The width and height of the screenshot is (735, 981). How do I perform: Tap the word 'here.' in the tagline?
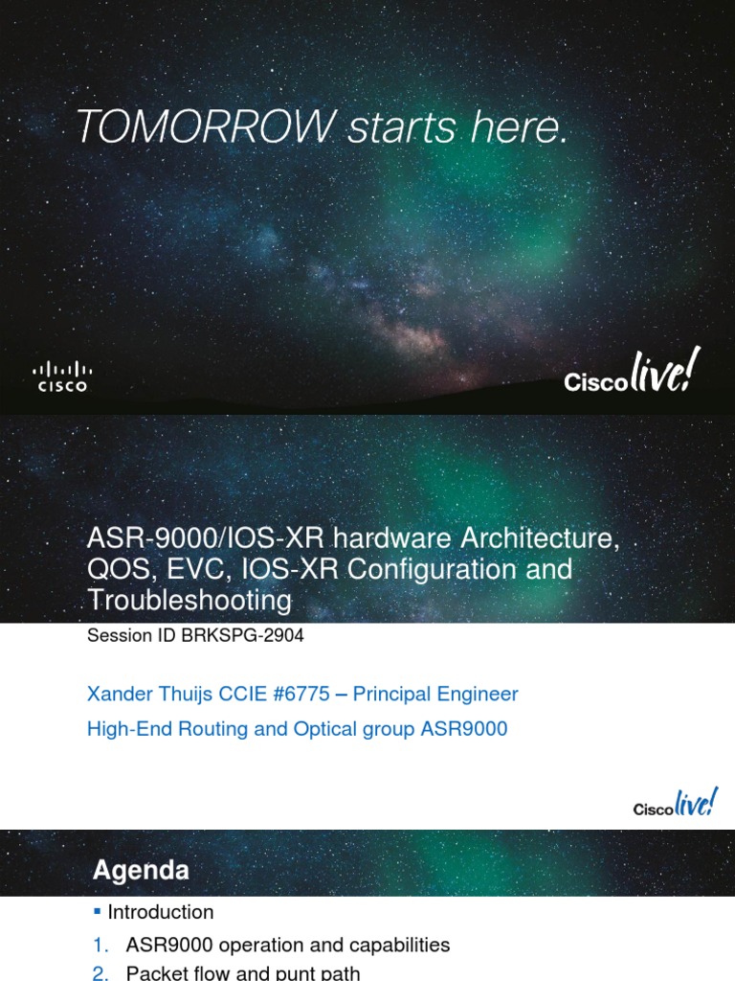click(x=520, y=126)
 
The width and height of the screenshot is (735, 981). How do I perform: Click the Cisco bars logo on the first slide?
click(x=62, y=376)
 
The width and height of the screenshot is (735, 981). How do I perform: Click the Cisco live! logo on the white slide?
click(x=675, y=803)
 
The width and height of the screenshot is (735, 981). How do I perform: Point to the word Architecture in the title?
click(x=539, y=538)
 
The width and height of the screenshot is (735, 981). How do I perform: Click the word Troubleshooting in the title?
click(x=189, y=600)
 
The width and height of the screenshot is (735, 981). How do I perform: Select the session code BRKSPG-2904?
click(x=242, y=636)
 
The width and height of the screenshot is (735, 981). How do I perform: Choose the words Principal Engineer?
click(x=435, y=695)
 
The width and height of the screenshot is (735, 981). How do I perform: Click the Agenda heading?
click(x=141, y=870)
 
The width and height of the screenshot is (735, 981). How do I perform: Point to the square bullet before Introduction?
click(x=97, y=912)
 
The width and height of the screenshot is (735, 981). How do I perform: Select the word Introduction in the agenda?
click(x=161, y=912)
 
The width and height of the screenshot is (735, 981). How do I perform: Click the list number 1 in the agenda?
click(x=100, y=945)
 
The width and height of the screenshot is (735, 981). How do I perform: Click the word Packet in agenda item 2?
click(x=154, y=973)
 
